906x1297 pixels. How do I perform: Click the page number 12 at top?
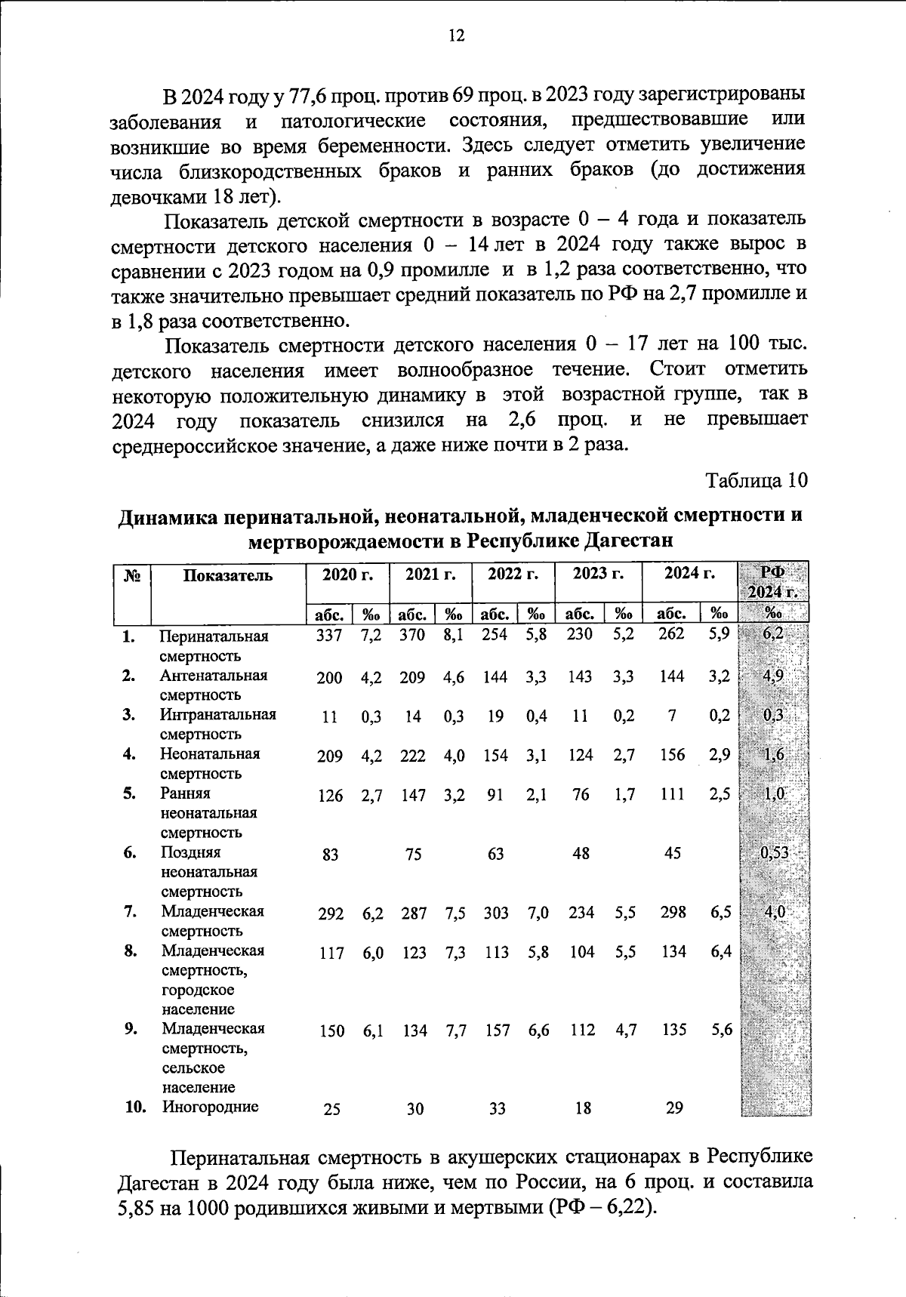click(456, 36)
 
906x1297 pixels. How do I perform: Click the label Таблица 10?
click(757, 480)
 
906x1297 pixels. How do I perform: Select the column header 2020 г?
click(348, 574)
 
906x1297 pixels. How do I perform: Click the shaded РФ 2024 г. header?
click(774, 581)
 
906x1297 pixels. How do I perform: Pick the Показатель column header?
click(227, 575)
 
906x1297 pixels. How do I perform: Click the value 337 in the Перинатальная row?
click(329, 636)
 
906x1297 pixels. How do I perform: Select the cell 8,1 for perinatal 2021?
click(454, 636)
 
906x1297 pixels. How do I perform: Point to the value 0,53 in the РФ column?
click(774, 853)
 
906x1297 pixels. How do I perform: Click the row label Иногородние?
click(210, 1107)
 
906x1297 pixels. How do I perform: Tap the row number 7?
click(131, 911)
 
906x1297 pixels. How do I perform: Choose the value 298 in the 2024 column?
click(673, 912)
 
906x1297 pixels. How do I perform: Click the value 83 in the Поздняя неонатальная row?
click(330, 855)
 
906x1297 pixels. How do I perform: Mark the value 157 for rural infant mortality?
click(498, 1031)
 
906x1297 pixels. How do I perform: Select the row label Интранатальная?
click(217, 714)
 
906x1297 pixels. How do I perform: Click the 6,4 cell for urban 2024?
click(721, 951)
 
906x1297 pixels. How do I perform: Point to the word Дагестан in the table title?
click(626, 541)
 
